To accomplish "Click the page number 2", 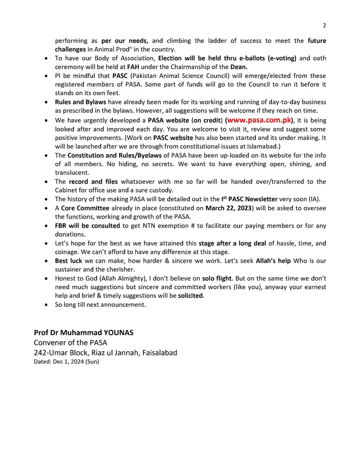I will click(x=324, y=25).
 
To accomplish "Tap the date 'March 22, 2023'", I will click(x=228, y=208).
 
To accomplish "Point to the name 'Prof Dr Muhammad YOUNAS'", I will click(x=83, y=332).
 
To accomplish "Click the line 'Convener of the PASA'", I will click(x=70, y=343).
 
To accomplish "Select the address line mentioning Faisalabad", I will click(x=105, y=353).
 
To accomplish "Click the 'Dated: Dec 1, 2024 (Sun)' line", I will click(x=66, y=362).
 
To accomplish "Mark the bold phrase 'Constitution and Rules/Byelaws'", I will click(x=114, y=155).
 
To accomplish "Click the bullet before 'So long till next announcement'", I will click(x=45, y=305).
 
